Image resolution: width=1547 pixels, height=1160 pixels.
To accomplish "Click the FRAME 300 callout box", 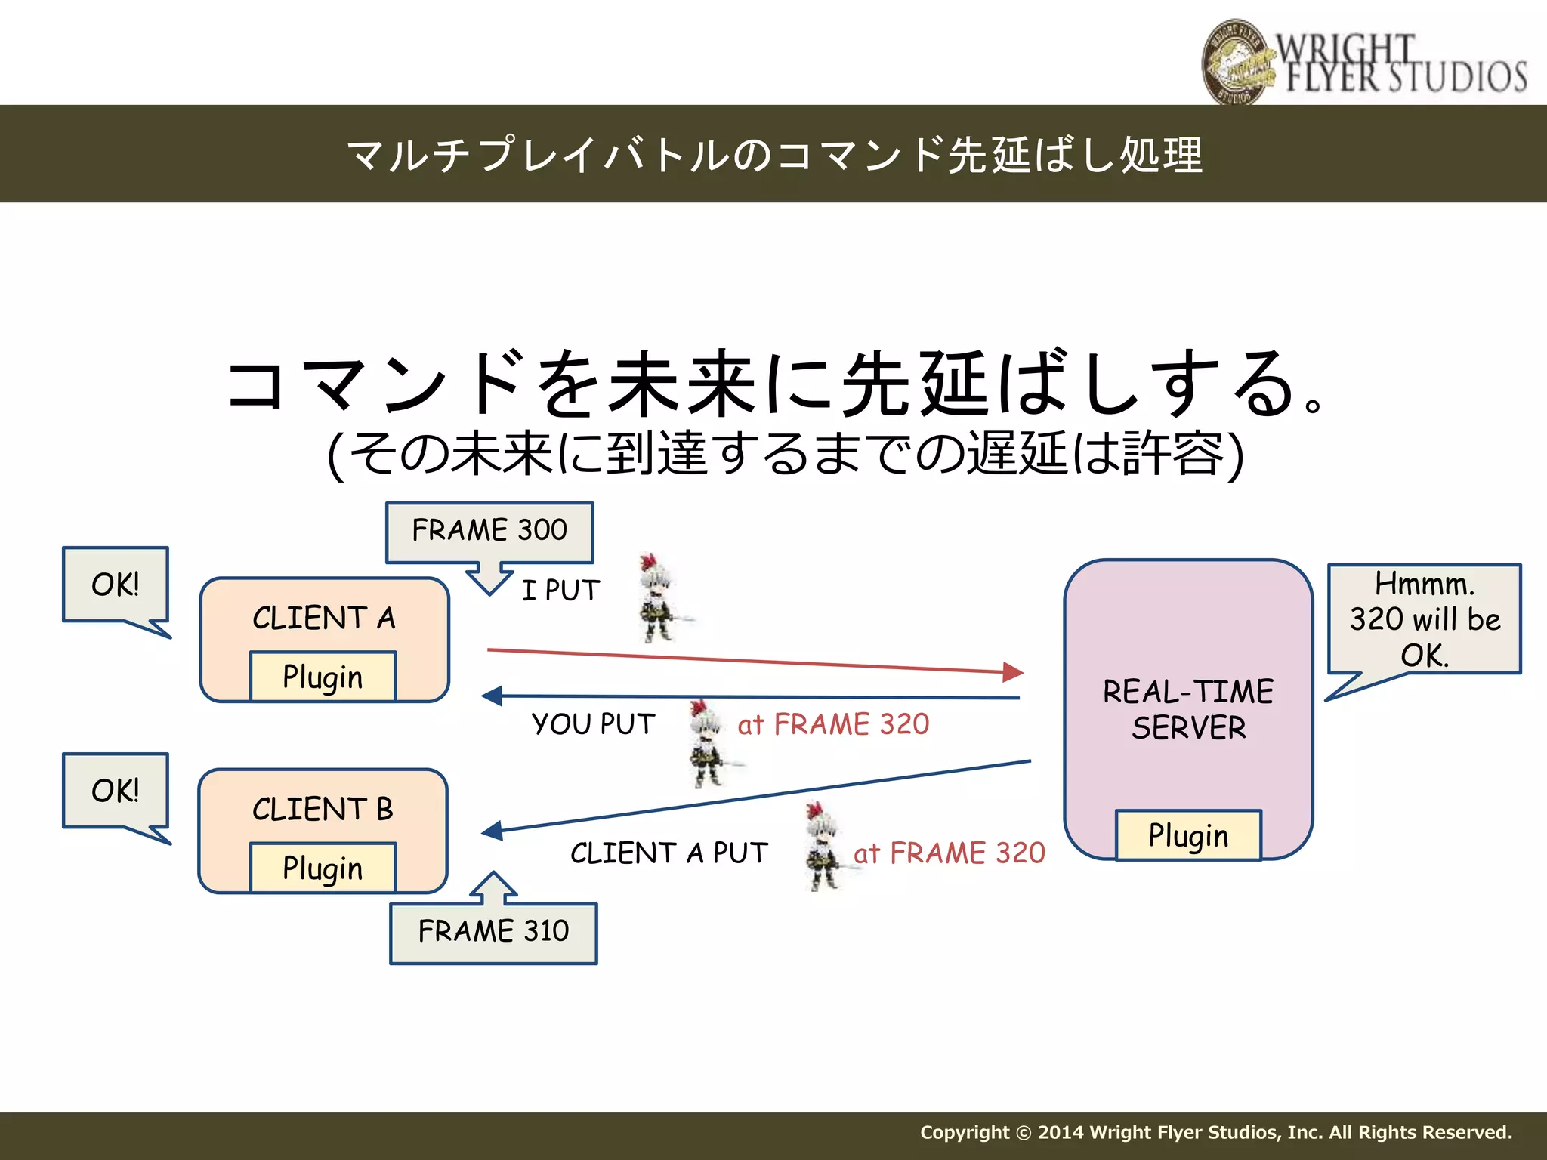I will coord(489,531).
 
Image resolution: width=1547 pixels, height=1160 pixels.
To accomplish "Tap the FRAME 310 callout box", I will coord(493,932).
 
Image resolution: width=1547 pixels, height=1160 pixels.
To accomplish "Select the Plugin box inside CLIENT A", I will coord(323,677).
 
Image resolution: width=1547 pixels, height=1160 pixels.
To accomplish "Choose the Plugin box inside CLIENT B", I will coord(323,868).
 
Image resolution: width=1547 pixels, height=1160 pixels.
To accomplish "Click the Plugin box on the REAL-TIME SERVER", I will coord(1188,835).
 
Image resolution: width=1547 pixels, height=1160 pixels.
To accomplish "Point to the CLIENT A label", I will coord(323,618).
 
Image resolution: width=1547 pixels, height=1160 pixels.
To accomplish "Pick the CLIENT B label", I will coord(323,810).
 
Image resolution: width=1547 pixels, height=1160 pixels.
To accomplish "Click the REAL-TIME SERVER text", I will coord(1188,709).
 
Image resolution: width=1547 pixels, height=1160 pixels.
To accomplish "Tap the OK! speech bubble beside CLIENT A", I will coord(116,585).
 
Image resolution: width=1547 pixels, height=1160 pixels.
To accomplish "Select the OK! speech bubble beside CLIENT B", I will coord(116,791).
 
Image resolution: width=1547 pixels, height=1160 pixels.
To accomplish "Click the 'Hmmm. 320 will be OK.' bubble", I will coord(1424,619).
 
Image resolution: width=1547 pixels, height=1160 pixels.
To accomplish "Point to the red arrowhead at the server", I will coord(1013,671).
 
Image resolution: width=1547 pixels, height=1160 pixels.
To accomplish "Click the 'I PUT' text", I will coord(560,590).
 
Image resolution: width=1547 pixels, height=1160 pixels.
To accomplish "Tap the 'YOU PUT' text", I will coord(593,723).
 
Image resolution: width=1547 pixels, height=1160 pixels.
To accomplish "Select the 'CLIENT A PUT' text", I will coord(669,853).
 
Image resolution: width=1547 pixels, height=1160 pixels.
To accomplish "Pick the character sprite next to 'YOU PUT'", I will coord(707,742).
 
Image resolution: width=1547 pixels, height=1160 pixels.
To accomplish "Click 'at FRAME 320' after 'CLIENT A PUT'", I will coord(950,853).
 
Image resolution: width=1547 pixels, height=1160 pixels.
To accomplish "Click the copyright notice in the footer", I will coord(1215,1132).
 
